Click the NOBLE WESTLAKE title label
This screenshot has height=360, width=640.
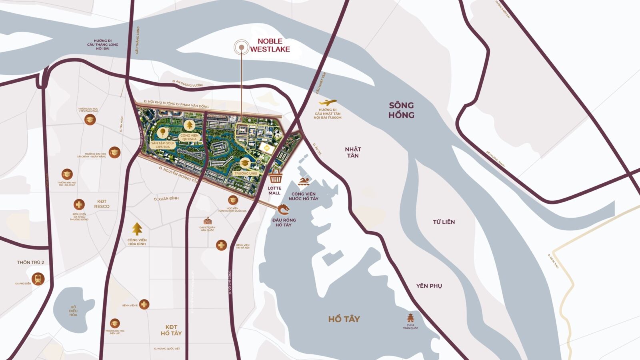[270, 45]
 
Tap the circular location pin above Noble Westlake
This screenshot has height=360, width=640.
[242, 48]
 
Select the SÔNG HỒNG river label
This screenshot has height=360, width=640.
[401, 110]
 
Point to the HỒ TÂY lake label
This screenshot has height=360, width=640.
[344, 319]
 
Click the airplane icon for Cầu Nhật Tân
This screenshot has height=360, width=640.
[328, 102]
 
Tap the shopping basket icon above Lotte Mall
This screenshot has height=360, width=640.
[275, 177]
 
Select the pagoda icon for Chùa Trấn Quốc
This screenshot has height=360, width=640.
[410, 318]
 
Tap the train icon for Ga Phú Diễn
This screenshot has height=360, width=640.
[38, 279]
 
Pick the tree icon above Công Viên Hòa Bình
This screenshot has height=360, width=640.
[137, 229]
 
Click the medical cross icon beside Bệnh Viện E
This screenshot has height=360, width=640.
[144, 304]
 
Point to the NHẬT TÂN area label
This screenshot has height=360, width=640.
[353, 152]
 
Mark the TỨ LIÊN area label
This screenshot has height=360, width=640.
[444, 222]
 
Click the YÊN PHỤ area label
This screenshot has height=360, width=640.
[429, 286]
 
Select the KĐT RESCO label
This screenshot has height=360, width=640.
[102, 204]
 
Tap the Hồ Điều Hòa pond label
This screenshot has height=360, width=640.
[73, 311]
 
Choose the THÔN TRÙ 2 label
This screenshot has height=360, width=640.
[30, 262]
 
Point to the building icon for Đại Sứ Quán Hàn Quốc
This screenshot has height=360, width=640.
[207, 221]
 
